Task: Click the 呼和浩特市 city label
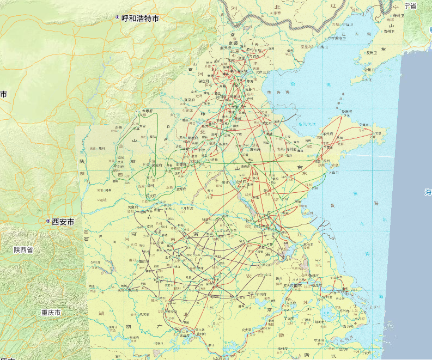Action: tap(140, 18)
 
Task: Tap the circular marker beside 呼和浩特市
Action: tap(117, 18)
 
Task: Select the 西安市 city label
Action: tap(63, 222)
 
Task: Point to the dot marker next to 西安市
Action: tap(48, 221)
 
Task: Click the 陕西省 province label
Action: tap(23, 249)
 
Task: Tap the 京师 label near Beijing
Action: tap(234, 43)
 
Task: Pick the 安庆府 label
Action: tap(248, 328)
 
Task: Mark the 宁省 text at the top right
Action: tap(410, 5)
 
